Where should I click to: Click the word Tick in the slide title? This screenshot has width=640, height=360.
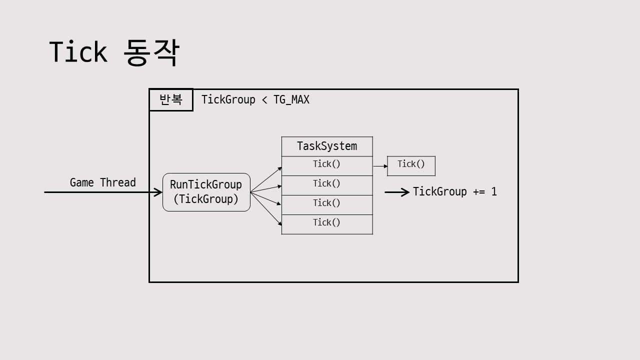[x=78, y=52]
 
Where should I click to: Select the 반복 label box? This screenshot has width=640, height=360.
[x=171, y=100]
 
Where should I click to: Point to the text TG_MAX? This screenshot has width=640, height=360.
[x=291, y=100]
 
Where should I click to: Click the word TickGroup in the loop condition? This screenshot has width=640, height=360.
[x=228, y=100]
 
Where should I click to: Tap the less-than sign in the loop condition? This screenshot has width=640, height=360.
[x=264, y=100]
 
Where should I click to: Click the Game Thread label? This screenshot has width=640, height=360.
[x=102, y=182]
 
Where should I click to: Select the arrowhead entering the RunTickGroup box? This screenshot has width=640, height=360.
[x=158, y=192]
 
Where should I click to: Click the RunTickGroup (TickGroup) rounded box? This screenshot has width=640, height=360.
[x=206, y=192]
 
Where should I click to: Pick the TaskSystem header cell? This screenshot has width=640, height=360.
[x=327, y=146]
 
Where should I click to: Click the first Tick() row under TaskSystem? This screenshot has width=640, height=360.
[x=327, y=165]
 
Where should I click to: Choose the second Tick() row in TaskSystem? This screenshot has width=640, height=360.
[x=327, y=185]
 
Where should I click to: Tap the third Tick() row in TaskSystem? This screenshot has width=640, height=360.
[x=327, y=204]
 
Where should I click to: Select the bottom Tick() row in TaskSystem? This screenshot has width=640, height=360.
[x=327, y=224]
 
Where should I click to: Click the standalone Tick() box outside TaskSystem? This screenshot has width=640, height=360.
[x=411, y=165]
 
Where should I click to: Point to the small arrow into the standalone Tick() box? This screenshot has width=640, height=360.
[x=380, y=166]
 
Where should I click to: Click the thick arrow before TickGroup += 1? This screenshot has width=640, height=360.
[x=397, y=192]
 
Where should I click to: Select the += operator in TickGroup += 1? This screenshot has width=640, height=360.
[x=479, y=192]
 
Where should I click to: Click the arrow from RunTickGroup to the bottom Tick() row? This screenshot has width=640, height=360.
[x=266, y=209]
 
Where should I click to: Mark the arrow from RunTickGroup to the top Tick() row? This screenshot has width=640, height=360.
[x=266, y=179]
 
